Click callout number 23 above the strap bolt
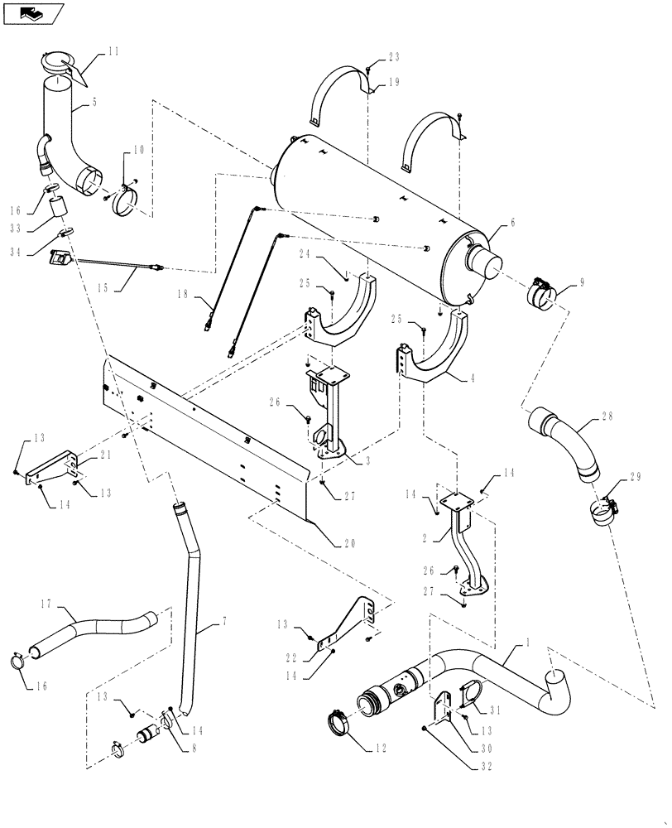[392, 58]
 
